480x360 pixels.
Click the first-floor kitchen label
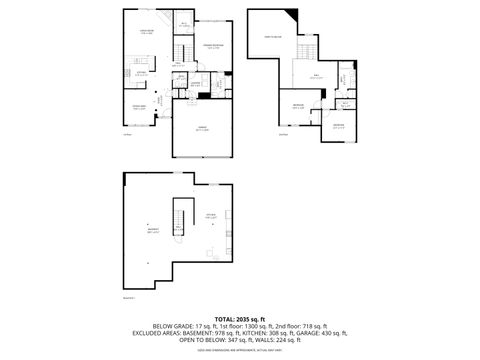click(142, 73)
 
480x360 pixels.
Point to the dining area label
click(140, 108)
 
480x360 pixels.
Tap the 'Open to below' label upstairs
click(272, 37)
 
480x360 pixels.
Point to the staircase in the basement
click(180, 215)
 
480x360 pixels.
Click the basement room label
click(151, 229)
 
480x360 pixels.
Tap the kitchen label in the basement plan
click(211, 216)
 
